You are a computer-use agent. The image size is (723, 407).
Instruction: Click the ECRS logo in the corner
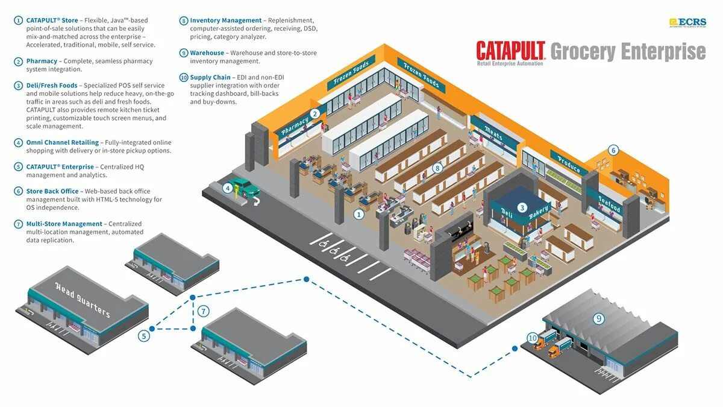coord(687,22)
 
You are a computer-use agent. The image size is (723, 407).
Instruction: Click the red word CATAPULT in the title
coord(511,51)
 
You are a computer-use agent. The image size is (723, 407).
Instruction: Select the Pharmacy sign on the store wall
coord(295,125)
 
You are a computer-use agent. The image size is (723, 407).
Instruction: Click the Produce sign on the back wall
coord(568,162)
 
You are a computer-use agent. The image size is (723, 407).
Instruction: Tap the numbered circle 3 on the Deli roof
coord(522,207)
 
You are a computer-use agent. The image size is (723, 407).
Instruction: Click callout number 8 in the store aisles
coord(438,168)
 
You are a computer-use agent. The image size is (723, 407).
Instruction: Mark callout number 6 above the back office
coord(613,150)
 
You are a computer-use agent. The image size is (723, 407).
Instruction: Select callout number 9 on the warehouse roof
coord(598,319)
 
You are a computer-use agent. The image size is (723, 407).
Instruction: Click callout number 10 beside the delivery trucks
coord(532,338)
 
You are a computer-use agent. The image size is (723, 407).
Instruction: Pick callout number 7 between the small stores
coord(204,312)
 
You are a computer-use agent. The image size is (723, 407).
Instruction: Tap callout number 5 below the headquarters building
coord(143,336)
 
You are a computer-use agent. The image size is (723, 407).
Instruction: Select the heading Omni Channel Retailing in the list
coord(62,142)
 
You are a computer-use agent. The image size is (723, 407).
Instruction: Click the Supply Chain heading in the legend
coord(210,77)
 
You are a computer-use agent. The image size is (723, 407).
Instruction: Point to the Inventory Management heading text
coord(226,21)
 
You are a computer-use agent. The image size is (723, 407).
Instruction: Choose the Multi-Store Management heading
coord(64,224)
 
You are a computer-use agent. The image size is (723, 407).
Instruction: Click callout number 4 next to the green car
coord(228,188)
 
